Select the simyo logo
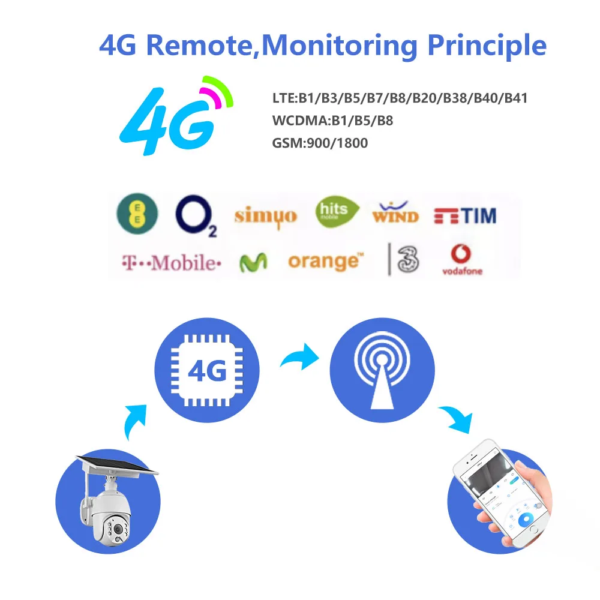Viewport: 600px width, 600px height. click(x=265, y=215)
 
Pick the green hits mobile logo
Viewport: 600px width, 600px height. click(x=337, y=212)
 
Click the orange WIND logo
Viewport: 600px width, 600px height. click(x=395, y=214)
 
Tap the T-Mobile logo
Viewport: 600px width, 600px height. click(x=172, y=263)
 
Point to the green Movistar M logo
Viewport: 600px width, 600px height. click(x=253, y=263)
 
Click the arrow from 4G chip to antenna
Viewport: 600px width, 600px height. click(x=300, y=358)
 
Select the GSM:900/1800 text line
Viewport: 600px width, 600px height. click(x=320, y=143)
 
